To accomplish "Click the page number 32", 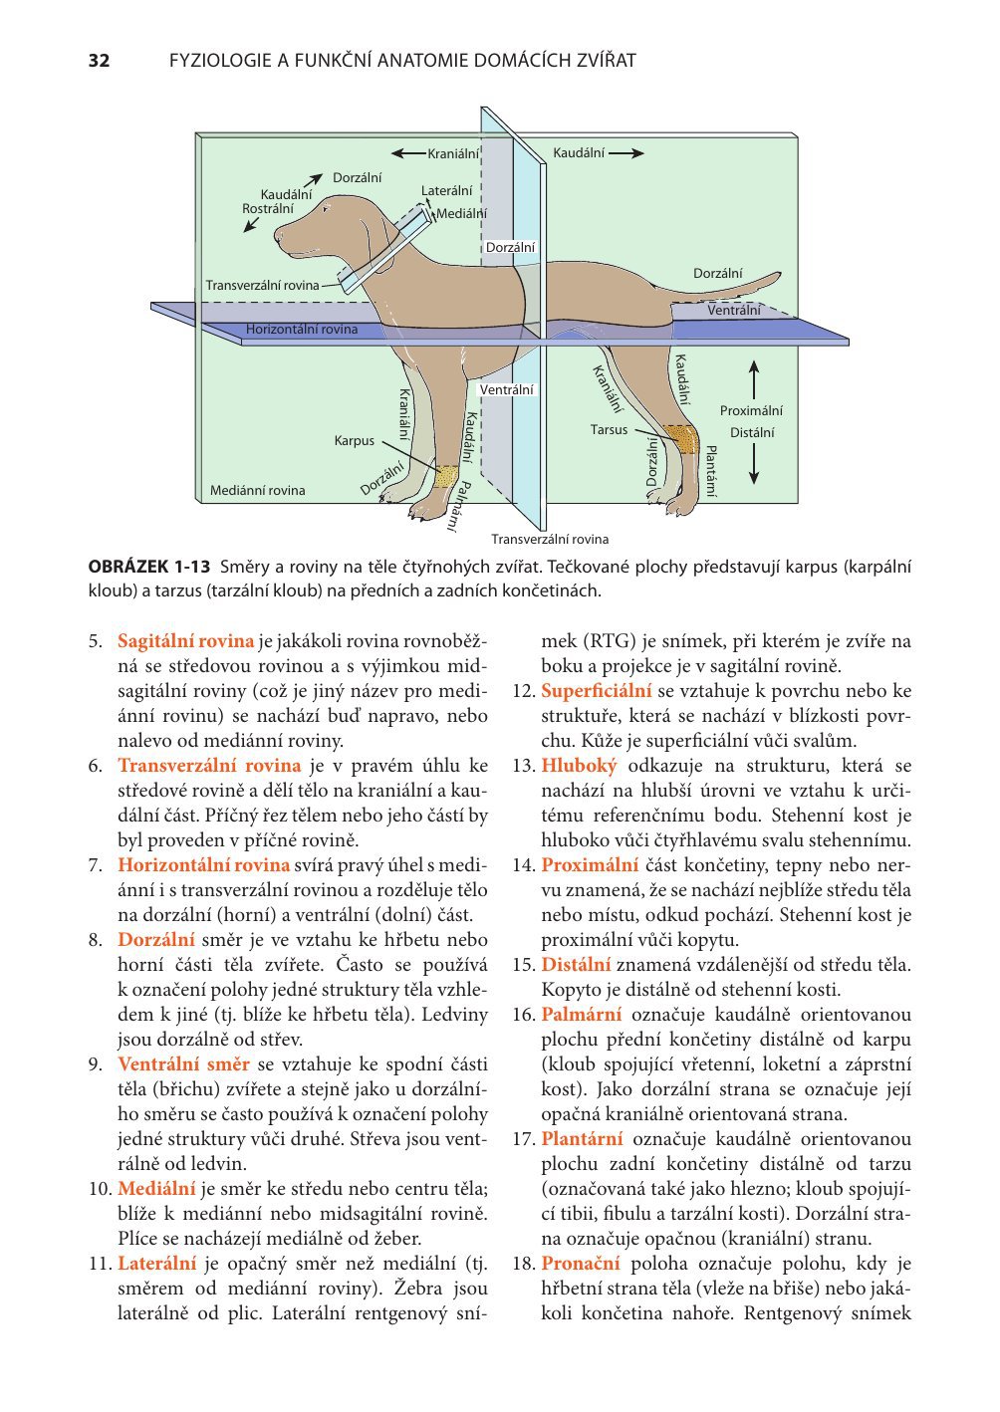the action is coord(99,61).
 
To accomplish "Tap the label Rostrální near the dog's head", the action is coord(268,209).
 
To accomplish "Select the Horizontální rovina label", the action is coord(302,329).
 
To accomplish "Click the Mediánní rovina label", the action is coord(257,491).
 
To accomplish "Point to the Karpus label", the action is coord(354,441).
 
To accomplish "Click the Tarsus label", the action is coord(609,430).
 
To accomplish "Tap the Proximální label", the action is coord(751,411).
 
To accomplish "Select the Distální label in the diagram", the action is coord(752,433).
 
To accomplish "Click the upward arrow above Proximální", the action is coord(753,379).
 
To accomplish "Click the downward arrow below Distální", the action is coord(753,464).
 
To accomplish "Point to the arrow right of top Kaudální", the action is coord(626,153).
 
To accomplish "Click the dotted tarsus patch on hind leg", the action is coord(681,439).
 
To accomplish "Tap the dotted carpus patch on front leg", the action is coord(446,476).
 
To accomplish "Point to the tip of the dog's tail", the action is coord(780,274).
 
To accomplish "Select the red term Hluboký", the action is coord(579,766).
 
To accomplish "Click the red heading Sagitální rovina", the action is coord(185,641).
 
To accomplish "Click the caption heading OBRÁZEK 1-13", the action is coord(148,567).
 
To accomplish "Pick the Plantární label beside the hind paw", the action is coord(710,472).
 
